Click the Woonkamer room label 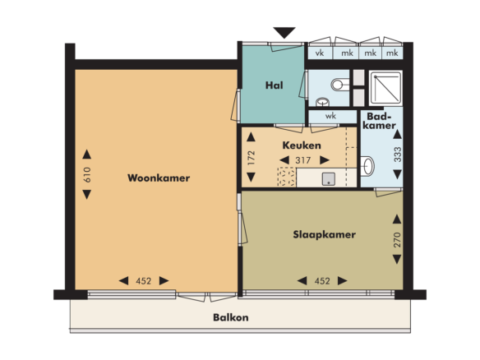159,178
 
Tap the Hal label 274,85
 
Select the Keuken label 302,145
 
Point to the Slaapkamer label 324,234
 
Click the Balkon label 231,317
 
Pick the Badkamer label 379,121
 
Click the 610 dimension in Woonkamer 87,174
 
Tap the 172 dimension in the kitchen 252,158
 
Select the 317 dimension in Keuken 303,160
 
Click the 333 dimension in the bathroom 397,155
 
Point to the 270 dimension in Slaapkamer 397,240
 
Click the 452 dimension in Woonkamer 144,281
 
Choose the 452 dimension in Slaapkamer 322,281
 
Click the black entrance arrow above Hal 284,32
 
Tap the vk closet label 320,53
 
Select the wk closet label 330,116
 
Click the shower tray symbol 385,88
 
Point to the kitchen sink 329,179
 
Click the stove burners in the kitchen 287,177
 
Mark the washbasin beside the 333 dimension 367,166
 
